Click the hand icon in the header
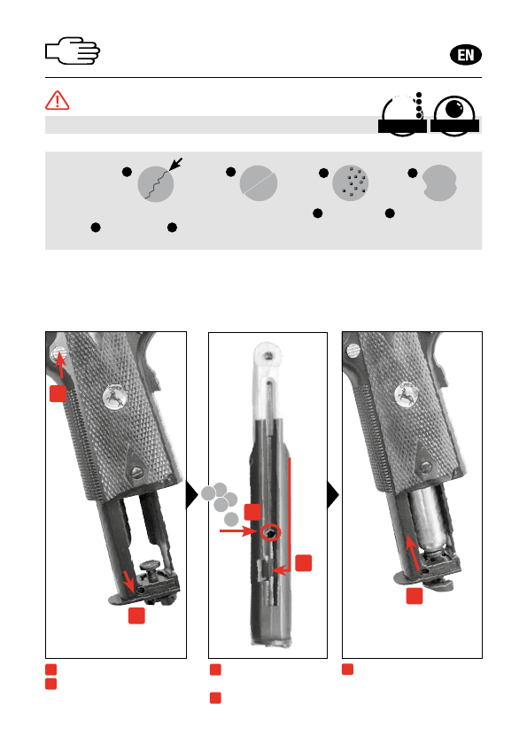pyautogui.click(x=73, y=50)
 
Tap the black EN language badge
pyautogui.click(x=465, y=55)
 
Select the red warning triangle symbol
pyautogui.click(x=58, y=100)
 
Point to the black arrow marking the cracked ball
pyautogui.click(x=176, y=164)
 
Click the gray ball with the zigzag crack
pyautogui.click(x=156, y=184)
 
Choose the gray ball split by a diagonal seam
pyautogui.click(x=259, y=183)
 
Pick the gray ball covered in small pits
pyautogui.click(x=350, y=183)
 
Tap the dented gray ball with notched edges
pyautogui.click(x=439, y=183)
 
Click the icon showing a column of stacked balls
pyautogui.click(x=402, y=114)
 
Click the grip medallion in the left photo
pyautogui.click(x=114, y=397)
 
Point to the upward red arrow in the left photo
pyautogui.click(x=60, y=365)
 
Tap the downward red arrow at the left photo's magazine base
pyautogui.click(x=128, y=581)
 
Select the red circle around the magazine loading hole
pyautogui.click(x=271, y=532)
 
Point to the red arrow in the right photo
pyautogui.click(x=413, y=552)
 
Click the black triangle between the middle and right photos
pyautogui.click(x=333, y=495)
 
